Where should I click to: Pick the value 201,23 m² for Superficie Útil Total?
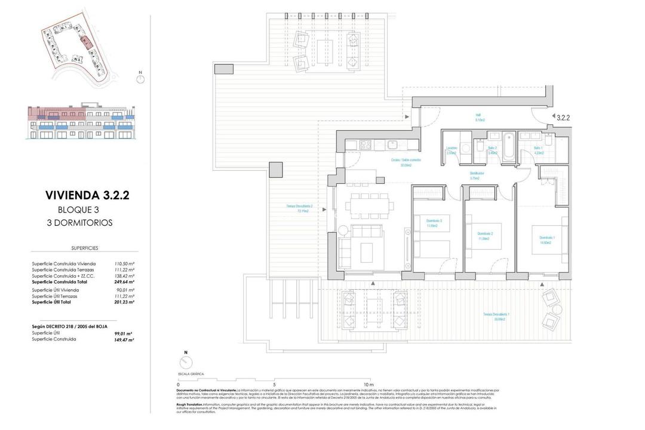tap(124, 302)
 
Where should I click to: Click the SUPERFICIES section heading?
tap(84, 247)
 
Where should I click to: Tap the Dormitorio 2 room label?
tap(484, 235)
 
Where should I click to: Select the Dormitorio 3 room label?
tap(434, 223)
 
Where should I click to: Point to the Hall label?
tap(478, 117)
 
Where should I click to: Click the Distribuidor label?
tap(477, 176)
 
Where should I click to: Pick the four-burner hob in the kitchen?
tap(365, 144)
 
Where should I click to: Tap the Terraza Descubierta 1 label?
tap(496, 316)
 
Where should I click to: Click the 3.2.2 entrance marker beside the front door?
tap(563, 118)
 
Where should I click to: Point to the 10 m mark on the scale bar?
tap(368, 385)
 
